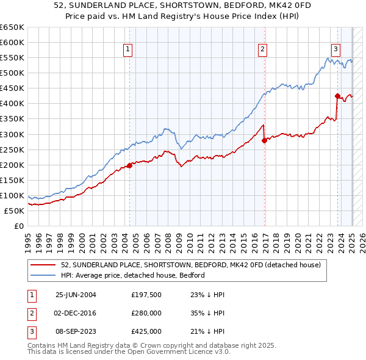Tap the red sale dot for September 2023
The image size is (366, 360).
[x=337, y=96]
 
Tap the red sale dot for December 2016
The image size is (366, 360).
[x=264, y=140]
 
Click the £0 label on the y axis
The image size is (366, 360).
[x=20, y=226]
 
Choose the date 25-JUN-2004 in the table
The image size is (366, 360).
[x=76, y=295]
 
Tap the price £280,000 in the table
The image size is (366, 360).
[x=146, y=313]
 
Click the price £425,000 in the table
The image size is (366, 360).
[x=146, y=331]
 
